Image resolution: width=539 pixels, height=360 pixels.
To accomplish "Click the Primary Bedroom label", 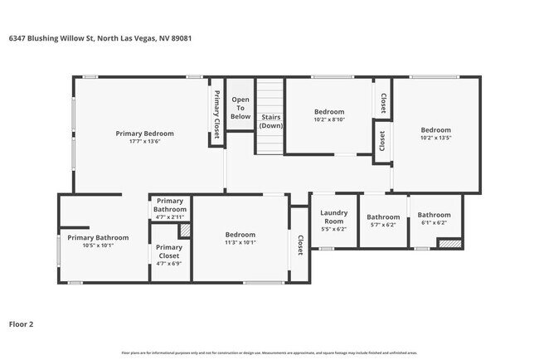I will pos(144,134).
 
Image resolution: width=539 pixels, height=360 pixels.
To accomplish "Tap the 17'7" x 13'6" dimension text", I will pos(144,142).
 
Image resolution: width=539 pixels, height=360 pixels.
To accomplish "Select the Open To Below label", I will pos(240,107).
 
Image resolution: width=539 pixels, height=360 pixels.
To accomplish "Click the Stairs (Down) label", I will pos(271,121).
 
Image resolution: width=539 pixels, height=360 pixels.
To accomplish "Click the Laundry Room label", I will pos(333,217).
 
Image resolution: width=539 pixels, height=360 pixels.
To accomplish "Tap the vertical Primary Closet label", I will pos(217,114).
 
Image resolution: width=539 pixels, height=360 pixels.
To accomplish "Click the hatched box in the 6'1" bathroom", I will pos(449,244).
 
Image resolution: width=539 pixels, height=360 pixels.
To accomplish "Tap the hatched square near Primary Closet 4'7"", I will pos(185,231).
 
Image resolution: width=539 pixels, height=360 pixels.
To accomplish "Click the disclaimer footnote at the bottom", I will pos(269,353).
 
